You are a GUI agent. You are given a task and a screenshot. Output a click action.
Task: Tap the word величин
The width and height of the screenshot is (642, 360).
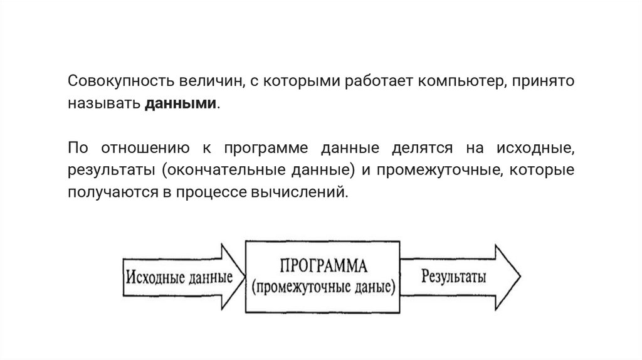click(x=202, y=82)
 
